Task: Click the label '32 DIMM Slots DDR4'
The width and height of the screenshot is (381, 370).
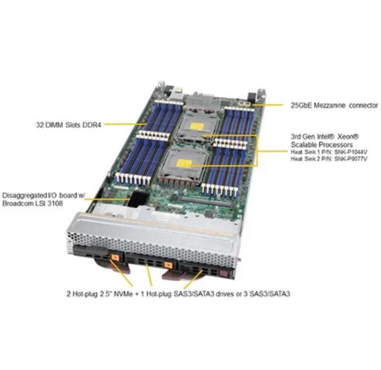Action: (x=69, y=125)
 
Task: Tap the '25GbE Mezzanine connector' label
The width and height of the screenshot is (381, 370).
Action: (x=334, y=105)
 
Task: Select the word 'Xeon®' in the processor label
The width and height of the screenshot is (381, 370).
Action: (x=349, y=137)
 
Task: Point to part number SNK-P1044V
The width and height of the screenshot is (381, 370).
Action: (x=351, y=152)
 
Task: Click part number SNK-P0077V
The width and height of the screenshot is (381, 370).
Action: (x=351, y=159)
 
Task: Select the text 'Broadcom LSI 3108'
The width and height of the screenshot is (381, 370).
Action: (x=32, y=203)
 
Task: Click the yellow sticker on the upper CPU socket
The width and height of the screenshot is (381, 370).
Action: (x=197, y=127)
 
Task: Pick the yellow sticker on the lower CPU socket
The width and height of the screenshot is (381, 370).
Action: (x=185, y=163)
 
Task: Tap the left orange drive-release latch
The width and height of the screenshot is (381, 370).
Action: (x=115, y=258)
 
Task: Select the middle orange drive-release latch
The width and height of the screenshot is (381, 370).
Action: (x=168, y=265)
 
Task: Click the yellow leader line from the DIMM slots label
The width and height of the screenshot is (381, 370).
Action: (x=125, y=124)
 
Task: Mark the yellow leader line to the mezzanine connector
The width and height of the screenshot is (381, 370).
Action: (x=267, y=105)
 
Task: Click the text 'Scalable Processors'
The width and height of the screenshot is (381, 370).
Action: (x=322, y=145)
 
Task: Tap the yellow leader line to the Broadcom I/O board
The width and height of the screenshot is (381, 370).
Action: (x=106, y=199)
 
